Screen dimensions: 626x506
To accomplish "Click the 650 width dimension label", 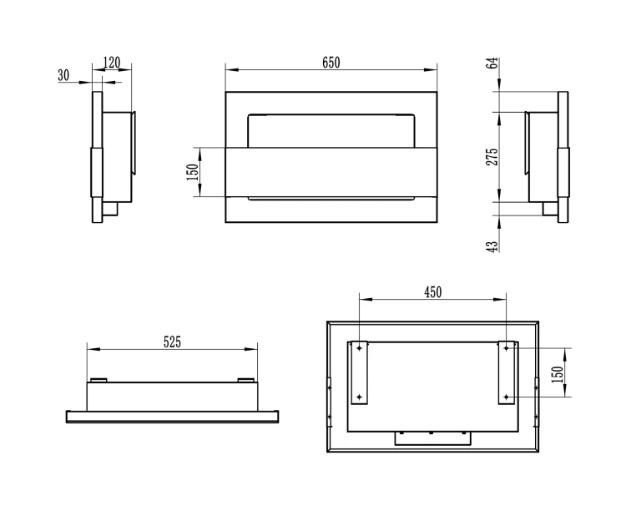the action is (x=331, y=63).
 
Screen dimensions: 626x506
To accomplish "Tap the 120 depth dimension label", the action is (x=111, y=63).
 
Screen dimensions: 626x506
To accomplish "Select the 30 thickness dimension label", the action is (x=63, y=75).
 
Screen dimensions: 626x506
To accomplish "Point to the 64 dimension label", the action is (x=494, y=63).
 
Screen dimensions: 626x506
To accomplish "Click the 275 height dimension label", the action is (x=492, y=156).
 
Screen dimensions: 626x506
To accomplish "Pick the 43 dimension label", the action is (x=492, y=246).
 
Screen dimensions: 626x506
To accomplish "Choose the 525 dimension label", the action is (x=172, y=342).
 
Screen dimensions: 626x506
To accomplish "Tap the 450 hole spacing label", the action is (x=432, y=292).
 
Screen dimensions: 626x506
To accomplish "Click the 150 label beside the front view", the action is (x=193, y=172).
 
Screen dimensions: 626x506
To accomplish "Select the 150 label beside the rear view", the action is (x=558, y=374).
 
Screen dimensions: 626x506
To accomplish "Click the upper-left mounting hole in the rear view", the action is (x=359, y=348).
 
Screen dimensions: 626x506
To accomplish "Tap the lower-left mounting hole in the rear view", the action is (x=359, y=397).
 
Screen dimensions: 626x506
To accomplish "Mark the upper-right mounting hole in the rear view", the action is (x=507, y=348).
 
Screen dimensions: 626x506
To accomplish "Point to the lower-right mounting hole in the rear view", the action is (x=507, y=397).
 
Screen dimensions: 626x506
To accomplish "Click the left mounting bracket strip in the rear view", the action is (x=359, y=372).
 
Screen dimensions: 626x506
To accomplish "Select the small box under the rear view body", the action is (x=432, y=438).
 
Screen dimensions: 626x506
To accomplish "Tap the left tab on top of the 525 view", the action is (x=98, y=380).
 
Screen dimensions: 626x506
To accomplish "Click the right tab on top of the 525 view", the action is (x=245, y=380).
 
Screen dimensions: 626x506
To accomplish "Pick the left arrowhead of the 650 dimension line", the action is (x=232, y=70).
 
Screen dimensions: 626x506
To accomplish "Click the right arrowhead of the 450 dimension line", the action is (x=500, y=299).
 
